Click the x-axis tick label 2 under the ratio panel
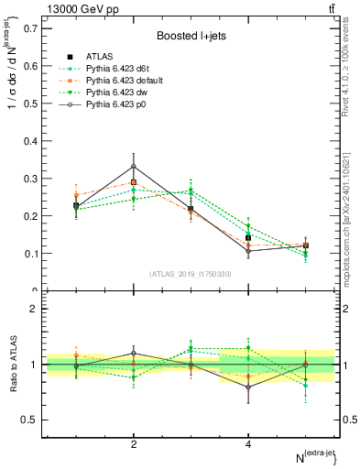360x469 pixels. point(134,444)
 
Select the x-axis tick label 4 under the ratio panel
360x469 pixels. point(248,444)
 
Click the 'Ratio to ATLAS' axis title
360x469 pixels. point(13,365)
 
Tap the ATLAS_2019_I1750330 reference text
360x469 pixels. point(191,274)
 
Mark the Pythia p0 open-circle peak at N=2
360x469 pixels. point(134,167)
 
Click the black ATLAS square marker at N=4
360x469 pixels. point(248,238)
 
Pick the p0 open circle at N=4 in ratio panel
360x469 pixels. point(248,387)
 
